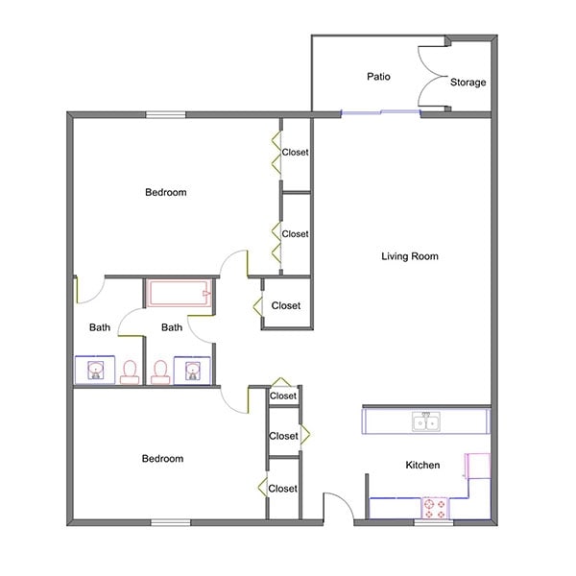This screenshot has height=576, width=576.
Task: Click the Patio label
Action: [x=376, y=76]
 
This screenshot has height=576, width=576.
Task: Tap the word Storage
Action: [x=468, y=83]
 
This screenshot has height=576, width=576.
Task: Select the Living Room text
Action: [x=410, y=256]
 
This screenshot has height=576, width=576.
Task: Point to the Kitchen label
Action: [x=422, y=466]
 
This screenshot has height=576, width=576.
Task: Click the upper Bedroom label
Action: [x=165, y=193]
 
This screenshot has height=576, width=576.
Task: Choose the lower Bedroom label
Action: [x=162, y=459]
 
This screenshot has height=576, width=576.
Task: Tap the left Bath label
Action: [x=100, y=328]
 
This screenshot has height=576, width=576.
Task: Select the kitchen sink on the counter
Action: [x=423, y=421]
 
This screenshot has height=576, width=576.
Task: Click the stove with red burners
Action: [x=436, y=508]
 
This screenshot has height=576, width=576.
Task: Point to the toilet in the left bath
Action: [x=129, y=369]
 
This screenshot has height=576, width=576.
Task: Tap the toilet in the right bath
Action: [x=160, y=370]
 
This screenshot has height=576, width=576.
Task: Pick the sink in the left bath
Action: [x=95, y=370]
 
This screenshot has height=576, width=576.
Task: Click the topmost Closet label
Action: [x=295, y=152]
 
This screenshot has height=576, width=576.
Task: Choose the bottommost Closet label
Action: [x=282, y=489]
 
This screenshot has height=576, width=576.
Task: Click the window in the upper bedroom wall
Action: [x=165, y=115]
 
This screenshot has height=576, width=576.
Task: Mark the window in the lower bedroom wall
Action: [x=170, y=522]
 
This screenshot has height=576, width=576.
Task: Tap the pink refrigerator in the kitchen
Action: [x=476, y=467]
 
